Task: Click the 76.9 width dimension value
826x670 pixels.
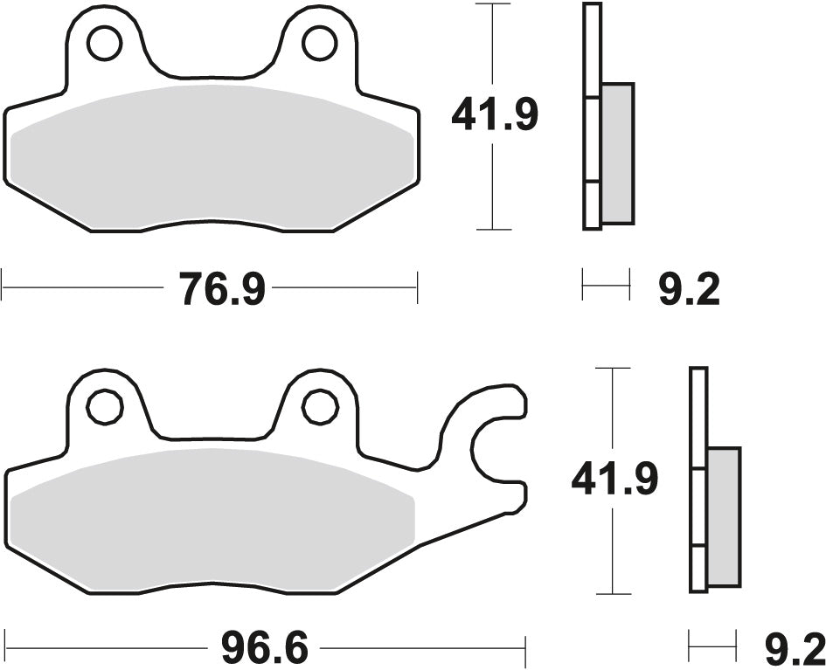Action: click(x=222, y=288)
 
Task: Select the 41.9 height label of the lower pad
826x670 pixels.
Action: click(x=614, y=480)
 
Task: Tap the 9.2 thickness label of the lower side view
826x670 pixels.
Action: click(x=795, y=649)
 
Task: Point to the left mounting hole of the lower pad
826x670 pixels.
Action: click(x=104, y=404)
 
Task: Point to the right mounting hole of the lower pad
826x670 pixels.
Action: click(x=319, y=404)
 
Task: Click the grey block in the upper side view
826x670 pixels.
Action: click(x=617, y=153)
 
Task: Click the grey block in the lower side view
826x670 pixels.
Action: click(x=723, y=517)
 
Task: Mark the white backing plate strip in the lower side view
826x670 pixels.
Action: click(x=698, y=480)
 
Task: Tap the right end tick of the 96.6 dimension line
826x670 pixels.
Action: click(x=525, y=649)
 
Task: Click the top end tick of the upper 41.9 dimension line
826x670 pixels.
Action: click(x=495, y=4)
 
